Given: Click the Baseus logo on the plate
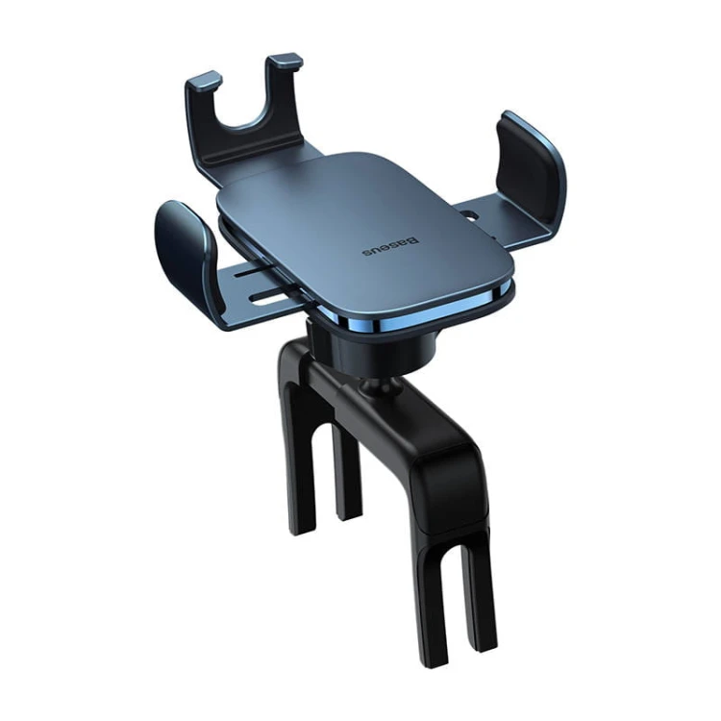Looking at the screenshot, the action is pyautogui.click(x=391, y=247).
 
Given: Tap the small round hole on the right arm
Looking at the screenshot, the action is pyautogui.click(x=470, y=214).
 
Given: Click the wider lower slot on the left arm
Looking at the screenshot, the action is pyautogui.click(x=267, y=298).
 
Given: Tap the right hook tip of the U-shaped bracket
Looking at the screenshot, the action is pyautogui.click(x=286, y=61).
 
